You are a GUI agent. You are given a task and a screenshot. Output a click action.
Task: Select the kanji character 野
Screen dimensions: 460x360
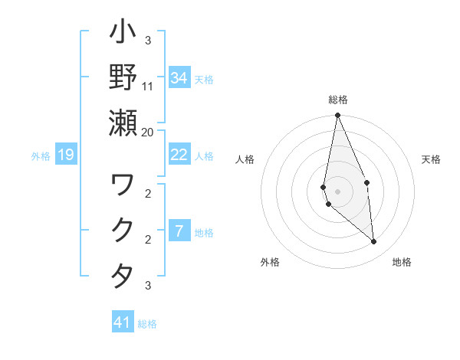123,77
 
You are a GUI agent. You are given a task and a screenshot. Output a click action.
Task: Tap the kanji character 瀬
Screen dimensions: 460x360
123,123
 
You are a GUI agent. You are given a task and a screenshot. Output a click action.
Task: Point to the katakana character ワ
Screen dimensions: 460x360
123,185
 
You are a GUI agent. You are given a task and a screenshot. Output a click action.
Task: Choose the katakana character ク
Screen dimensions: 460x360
123,231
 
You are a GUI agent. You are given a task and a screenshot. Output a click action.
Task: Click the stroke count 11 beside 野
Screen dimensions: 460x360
148,86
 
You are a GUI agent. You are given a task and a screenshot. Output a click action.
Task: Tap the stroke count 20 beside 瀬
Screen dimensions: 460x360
148,132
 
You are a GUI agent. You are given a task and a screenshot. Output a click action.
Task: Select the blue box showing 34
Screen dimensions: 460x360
179,78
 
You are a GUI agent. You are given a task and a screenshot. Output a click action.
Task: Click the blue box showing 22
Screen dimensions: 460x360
179,155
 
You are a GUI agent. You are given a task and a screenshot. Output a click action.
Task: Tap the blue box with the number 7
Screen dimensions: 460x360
179,231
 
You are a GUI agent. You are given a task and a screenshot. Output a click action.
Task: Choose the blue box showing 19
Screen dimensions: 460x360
66,155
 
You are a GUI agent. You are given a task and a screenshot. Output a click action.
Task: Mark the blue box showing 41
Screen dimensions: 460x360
123,322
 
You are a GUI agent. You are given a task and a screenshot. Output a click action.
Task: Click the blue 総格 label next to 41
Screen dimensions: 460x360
147,324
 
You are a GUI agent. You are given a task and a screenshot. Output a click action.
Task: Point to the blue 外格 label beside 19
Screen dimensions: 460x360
41,156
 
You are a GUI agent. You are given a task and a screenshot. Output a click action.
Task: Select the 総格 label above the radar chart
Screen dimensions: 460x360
338,100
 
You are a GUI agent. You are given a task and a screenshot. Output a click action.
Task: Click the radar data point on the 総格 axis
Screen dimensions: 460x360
337,116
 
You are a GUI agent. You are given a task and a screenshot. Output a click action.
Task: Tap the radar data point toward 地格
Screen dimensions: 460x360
374,241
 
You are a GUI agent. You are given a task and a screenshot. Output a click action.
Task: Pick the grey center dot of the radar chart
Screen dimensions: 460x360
337,191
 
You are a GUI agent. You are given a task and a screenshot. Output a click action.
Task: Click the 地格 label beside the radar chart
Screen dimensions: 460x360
402,262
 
